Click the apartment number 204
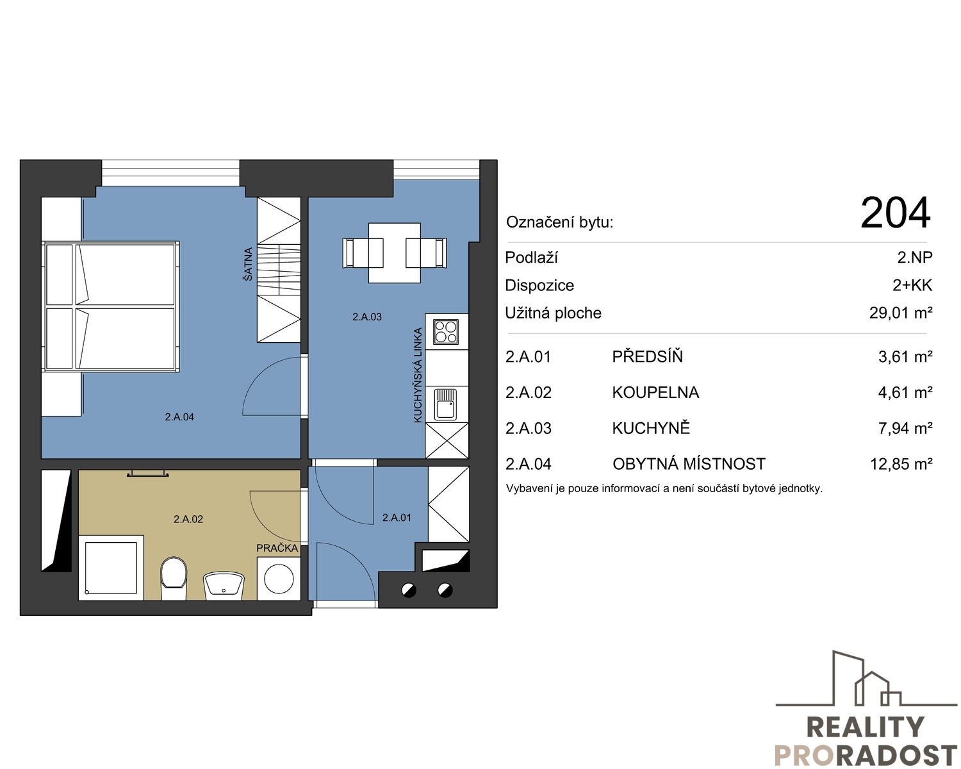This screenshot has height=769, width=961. pyautogui.click(x=895, y=213)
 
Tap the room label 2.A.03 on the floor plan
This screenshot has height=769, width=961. pyautogui.click(x=366, y=317)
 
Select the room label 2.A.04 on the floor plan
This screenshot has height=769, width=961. pyautogui.click(x=179, y=417)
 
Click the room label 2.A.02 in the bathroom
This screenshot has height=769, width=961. pyautogui.click(x=188, y=519)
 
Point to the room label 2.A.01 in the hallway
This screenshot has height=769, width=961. pyautogui.click(x=397, y=517)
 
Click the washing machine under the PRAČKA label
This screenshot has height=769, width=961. pyautogui.click(x=279, y=578)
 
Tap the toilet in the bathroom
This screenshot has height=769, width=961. pyautogui.click(x=173, y=578)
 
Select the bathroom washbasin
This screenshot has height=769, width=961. pyautogui.click(x=224, y=586)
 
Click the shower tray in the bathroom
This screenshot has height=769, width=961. pyautogui.click(x=111, y=568)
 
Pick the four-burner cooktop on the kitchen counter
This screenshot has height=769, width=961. pyautogui.click(x=446, y=331)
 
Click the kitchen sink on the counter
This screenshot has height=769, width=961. pyautogui.click(x=446, y=404)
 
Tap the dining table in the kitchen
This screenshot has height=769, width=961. pyautogui.click(x=394, y=253)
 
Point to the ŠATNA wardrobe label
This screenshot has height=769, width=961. pyautogui.click(x=248, y=264)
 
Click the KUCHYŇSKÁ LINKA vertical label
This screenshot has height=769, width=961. pyautogui.click(x=418, y=376)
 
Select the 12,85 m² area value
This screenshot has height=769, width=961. pyautogui.click(x=901, y=464)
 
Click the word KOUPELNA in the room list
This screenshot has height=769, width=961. pyautogui.click(x=655, y=392)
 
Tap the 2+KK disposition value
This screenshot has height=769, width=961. pyautogui.click(x=912, y=285)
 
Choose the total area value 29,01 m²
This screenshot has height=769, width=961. pyautogui.click(x=901, y=313)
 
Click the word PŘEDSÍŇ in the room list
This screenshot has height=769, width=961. pyautogui.click(x=647, y=356)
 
